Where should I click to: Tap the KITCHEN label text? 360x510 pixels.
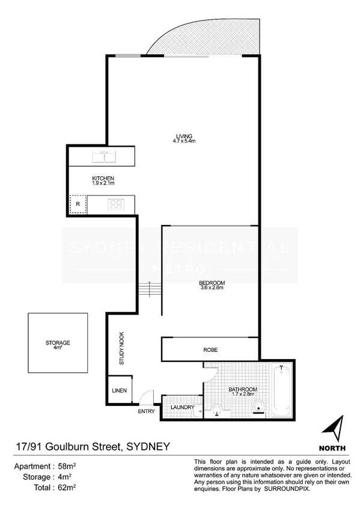pos(103,179)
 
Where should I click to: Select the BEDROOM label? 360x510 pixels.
pos(212,283)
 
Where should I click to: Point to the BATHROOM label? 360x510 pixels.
pos(243,390)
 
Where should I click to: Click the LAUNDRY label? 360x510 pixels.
pos(182,407)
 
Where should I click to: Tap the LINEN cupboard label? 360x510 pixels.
pos(119,391)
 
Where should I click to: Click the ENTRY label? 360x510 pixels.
pos(146,412)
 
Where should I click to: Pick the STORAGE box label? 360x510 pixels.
pos(58,343)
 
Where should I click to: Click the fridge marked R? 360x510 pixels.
pos(78,204)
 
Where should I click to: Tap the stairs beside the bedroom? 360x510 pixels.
pos(150,292)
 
